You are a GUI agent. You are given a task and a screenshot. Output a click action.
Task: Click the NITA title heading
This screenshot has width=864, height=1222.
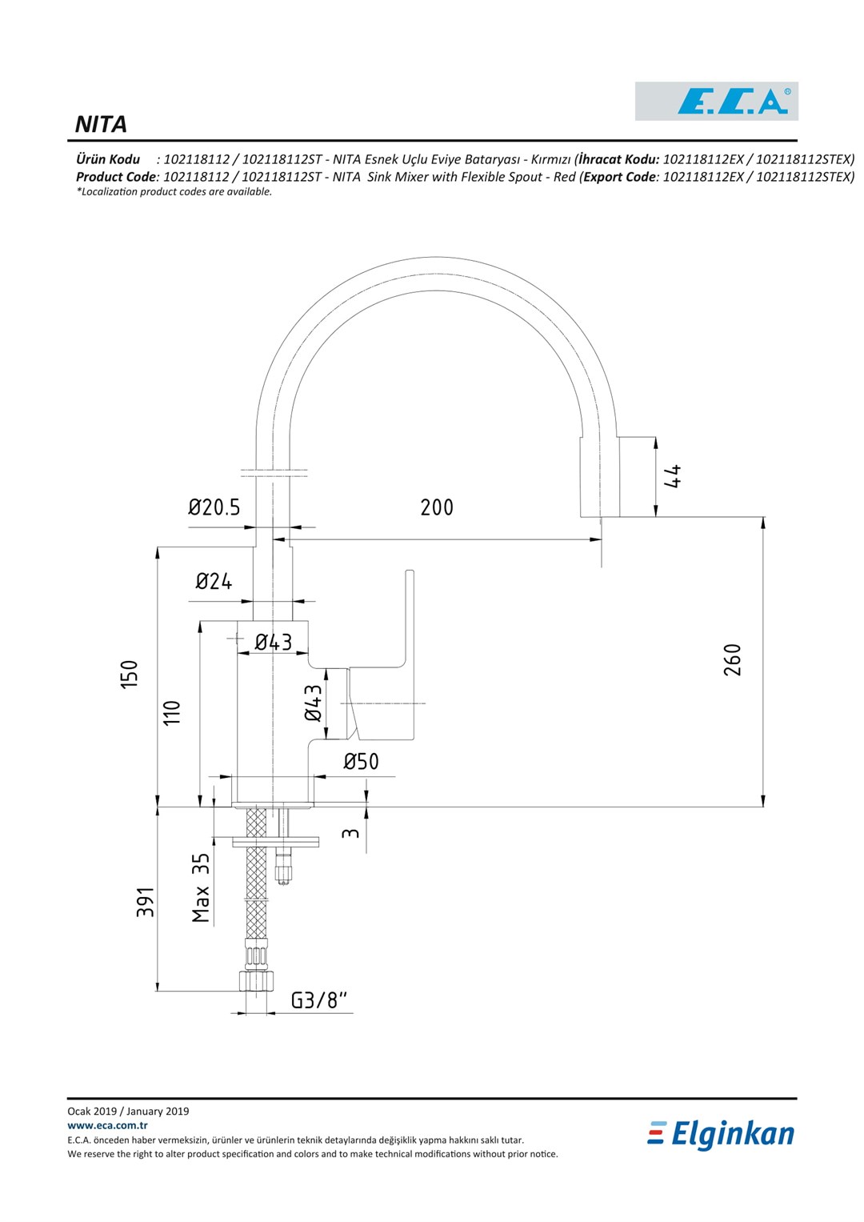coord(101,124)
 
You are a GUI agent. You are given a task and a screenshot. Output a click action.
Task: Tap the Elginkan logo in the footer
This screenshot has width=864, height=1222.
coord(721,1134)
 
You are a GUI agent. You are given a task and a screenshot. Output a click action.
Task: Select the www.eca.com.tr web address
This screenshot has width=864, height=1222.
coord(107,1125)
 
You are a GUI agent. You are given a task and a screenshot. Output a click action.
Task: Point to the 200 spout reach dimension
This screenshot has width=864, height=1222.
coord(437,507)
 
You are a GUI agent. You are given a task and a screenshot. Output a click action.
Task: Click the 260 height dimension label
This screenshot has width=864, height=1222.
coord(733,659)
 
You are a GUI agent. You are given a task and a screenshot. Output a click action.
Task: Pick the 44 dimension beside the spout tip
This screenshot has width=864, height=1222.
coord(673,476)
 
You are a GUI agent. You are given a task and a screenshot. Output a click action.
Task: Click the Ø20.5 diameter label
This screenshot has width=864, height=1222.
coord(214,507)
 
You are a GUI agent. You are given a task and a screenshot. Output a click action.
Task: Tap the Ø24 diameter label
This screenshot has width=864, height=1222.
coord(214,581)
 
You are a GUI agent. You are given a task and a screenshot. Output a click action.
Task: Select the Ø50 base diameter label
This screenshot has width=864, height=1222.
coord(361,761)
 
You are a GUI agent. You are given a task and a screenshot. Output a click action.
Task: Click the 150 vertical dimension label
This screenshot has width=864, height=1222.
coord(130,674)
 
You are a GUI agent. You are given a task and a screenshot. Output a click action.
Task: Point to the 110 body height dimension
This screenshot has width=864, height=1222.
coord(171,712)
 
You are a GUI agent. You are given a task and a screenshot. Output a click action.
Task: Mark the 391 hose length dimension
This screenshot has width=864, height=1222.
coord(145,902)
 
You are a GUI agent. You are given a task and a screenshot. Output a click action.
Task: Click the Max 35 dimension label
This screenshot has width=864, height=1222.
coord(201,887)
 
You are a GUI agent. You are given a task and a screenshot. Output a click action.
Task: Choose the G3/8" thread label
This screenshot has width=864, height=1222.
coord(319,1000)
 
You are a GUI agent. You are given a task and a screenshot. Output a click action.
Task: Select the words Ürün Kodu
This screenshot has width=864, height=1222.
coord(108,159)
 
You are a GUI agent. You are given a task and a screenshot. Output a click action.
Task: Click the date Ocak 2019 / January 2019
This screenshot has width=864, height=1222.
coord(128,1112)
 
